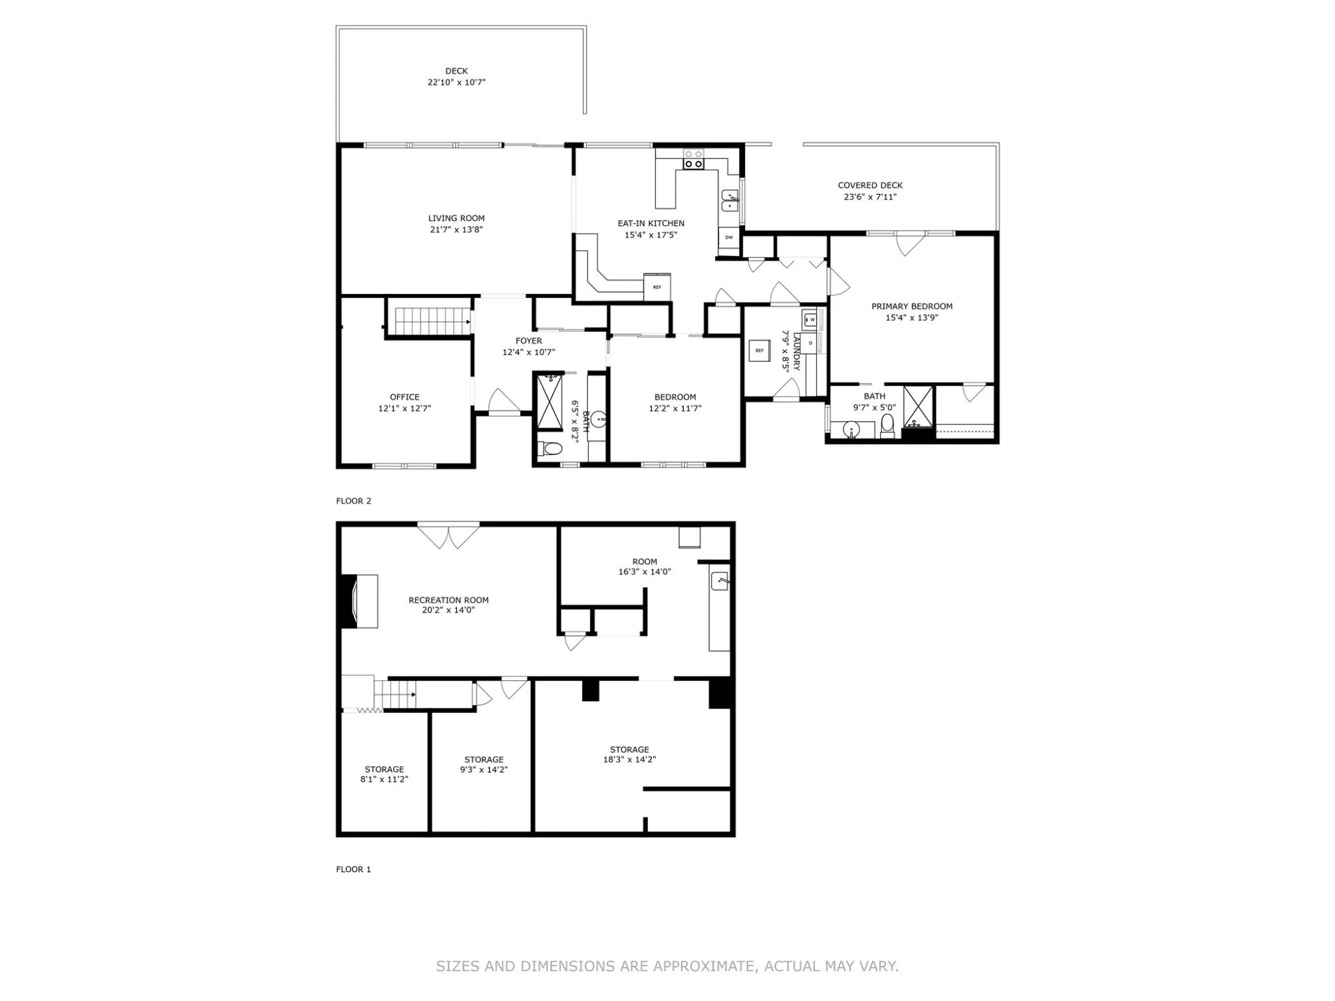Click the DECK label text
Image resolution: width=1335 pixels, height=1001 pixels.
(456, 71)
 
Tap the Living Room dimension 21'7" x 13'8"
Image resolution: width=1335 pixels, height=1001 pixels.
(456, 229)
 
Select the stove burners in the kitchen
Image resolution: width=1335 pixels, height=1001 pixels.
(694, 159)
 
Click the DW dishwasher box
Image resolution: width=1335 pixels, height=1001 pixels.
(729, 237)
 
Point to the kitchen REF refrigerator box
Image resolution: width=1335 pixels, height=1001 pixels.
(657, 287)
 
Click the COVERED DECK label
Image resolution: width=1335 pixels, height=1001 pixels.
(870, 186)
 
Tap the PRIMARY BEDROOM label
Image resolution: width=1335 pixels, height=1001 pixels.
(912, 307)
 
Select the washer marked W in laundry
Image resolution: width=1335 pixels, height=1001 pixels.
(810, 319)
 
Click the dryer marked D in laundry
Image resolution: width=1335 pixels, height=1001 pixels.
(810, 343)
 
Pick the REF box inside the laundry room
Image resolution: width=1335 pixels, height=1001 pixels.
(760, 351)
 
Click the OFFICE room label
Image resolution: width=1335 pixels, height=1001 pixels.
(404, 397)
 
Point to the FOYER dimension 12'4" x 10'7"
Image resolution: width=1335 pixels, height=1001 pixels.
(529, 353)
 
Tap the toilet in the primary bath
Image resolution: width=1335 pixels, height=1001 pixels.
(887, 426)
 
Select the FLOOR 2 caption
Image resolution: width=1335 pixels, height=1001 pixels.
(354, 501)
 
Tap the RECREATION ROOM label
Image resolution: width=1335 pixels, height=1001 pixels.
(448, 600)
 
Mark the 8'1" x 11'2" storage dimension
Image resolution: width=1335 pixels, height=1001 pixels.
(384, 780)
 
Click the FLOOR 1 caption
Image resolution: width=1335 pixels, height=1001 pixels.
(354, 869)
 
